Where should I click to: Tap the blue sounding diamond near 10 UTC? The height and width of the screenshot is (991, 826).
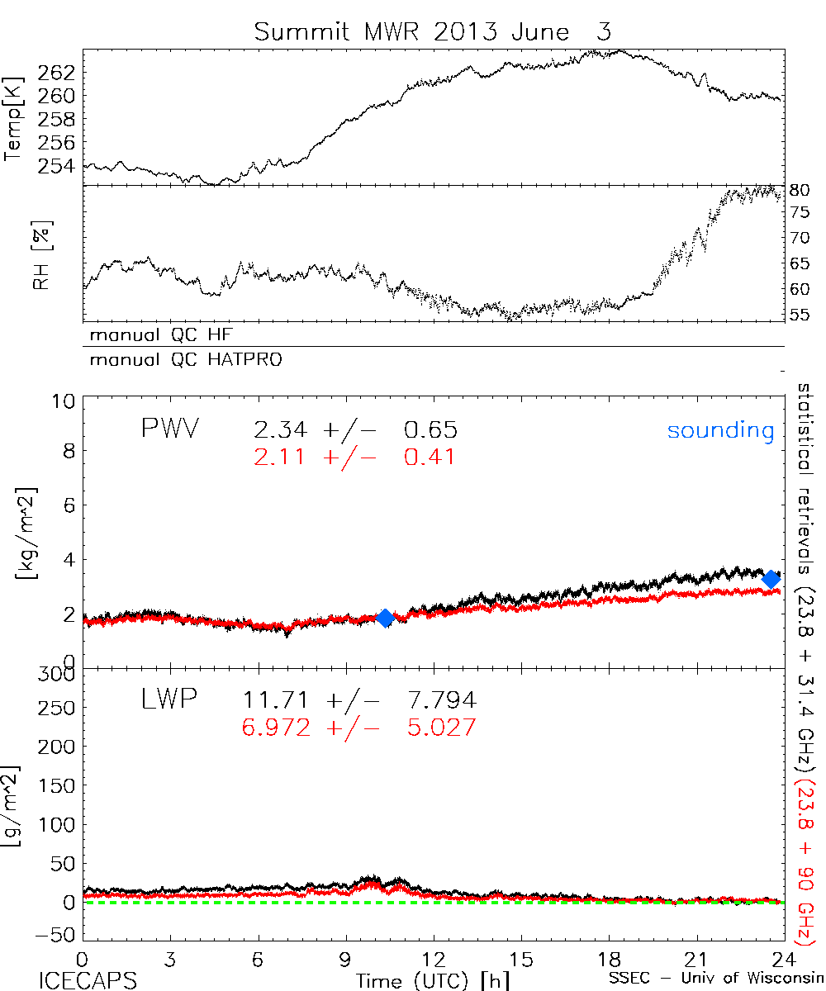[384, 618]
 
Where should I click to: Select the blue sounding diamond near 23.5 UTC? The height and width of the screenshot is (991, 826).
[771, 579]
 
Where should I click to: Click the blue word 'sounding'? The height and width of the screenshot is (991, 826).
[721, 430]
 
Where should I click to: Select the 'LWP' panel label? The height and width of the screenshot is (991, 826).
[167, 699]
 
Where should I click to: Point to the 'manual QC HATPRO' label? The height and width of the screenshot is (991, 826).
[179, 360]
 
